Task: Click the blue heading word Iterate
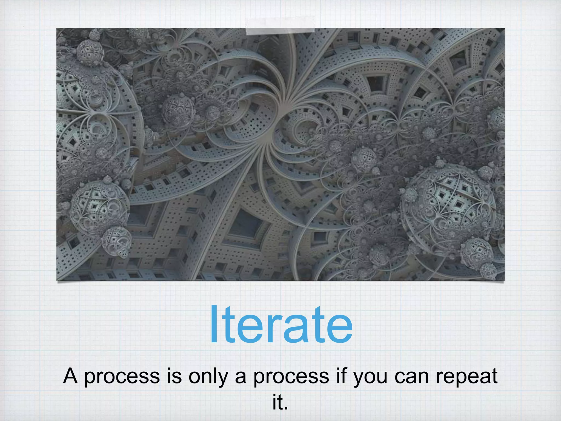(281, 325)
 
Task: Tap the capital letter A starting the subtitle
(70, 376)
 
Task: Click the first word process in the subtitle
(122, 377)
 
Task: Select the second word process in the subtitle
(291, 377)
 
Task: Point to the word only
(208, 377)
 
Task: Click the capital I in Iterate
(215, 325)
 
